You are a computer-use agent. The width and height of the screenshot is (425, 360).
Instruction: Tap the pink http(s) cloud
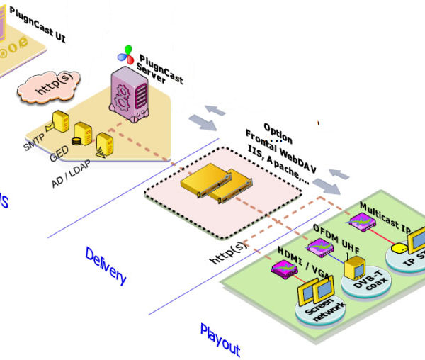tap(50, 86)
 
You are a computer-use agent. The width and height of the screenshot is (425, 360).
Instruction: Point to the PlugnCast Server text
tap(160, 67)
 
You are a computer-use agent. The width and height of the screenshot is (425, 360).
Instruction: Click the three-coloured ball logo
tap(125, 52)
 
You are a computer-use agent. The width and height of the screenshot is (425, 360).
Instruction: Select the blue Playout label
tap(220, 339)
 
